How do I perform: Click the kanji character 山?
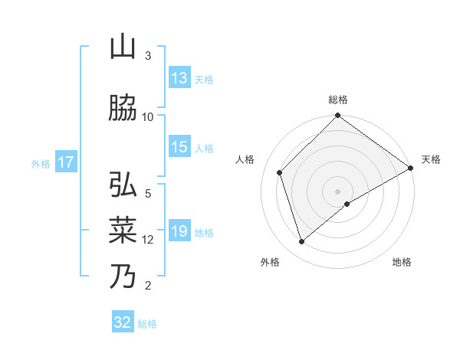123,47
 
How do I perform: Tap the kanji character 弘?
123,185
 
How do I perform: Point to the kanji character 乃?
123,276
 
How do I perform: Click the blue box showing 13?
179,78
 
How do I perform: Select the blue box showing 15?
179,147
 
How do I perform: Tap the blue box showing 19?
179,231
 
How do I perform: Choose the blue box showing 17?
65,162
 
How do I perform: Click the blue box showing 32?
123,322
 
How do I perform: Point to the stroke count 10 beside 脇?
148,116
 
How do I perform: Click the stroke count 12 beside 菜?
148,239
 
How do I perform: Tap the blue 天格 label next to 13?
203,79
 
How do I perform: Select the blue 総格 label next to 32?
147,323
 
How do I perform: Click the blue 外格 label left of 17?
40,163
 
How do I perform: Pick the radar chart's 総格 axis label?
338,100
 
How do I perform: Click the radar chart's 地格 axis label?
402,262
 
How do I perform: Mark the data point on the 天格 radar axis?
411,169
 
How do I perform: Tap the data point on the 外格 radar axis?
301,242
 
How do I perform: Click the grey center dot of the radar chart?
338,191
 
